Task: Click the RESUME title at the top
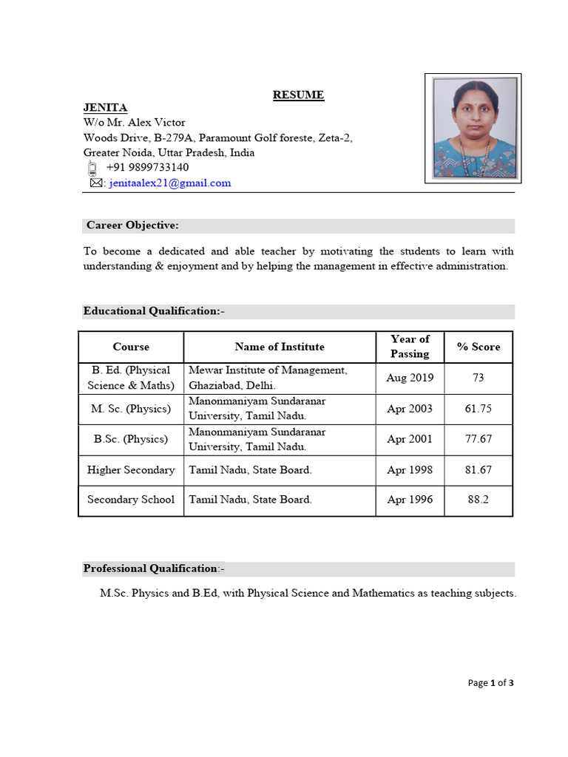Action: pos(298,95)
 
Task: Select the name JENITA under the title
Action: pos(105,108)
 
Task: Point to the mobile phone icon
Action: pos(93,168)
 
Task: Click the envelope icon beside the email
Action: pos(95,183)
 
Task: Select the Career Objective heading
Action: pos(132,225)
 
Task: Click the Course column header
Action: pos(131,347)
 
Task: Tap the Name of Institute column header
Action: pos(279,347)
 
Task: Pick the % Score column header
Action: pos(478,347)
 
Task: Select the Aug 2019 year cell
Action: pos(410,378)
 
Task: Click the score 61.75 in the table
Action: pos(478,409)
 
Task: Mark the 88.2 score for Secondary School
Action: pos(478,500)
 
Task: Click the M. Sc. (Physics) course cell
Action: pos(131,409)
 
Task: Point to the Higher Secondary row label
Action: pos(131,469)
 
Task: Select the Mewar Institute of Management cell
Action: pos(267,378)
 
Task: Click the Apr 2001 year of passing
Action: pos(410,439)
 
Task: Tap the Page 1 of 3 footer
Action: pos(490,683)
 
